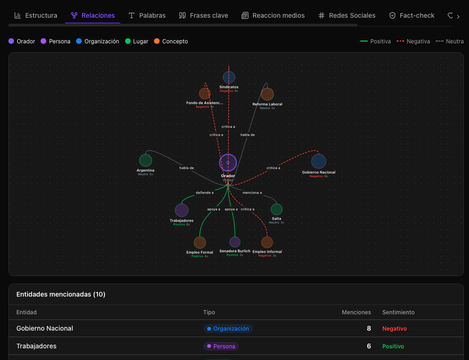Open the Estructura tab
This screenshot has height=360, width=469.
point(36,15)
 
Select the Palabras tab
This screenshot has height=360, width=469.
point(147,15)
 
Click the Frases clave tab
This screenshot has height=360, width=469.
point(203,15)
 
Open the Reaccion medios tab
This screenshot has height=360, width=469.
point(273,15)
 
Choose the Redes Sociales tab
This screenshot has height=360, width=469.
point(347,15)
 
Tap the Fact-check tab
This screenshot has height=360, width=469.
point(412,15)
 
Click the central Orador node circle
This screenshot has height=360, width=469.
point(228,163)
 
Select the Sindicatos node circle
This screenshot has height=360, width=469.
point(229,77)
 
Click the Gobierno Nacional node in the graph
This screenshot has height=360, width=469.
point(319,161)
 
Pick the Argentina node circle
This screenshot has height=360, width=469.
point(146,160)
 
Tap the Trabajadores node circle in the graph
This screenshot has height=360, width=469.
point(182,210)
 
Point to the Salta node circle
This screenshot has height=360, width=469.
point(277,209)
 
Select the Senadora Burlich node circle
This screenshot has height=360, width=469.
point(235,242)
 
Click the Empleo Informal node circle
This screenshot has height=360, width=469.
point(267,242)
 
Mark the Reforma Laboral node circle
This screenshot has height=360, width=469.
point(267,94)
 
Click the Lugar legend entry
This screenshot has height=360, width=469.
point(137,42)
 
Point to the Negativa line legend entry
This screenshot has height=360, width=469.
point(413,42)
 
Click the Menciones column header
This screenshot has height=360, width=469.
point(356,312)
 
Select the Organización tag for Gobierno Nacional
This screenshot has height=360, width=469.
point(228,329)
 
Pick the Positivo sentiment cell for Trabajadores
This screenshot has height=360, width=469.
point(393,346)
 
